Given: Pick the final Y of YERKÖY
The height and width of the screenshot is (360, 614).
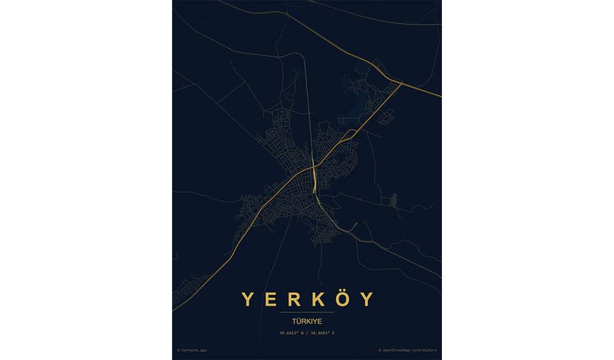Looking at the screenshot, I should (x=366, y=299).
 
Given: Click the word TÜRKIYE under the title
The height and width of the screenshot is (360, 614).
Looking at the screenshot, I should (x=307, y=321).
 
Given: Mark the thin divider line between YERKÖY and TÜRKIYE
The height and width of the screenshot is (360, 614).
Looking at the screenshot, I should (x=307, y=313).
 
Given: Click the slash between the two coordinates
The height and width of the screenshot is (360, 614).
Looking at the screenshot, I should (x=307, y=334).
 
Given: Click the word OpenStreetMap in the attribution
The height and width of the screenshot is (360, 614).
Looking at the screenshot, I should (x=399, y=351).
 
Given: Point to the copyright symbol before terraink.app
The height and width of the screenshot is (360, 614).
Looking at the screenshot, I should (x=178, y=351).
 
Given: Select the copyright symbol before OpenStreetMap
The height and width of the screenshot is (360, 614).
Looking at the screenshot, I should (x=381, y=351).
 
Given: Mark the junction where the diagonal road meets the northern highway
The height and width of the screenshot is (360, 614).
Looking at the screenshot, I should (x=401, y=84).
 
